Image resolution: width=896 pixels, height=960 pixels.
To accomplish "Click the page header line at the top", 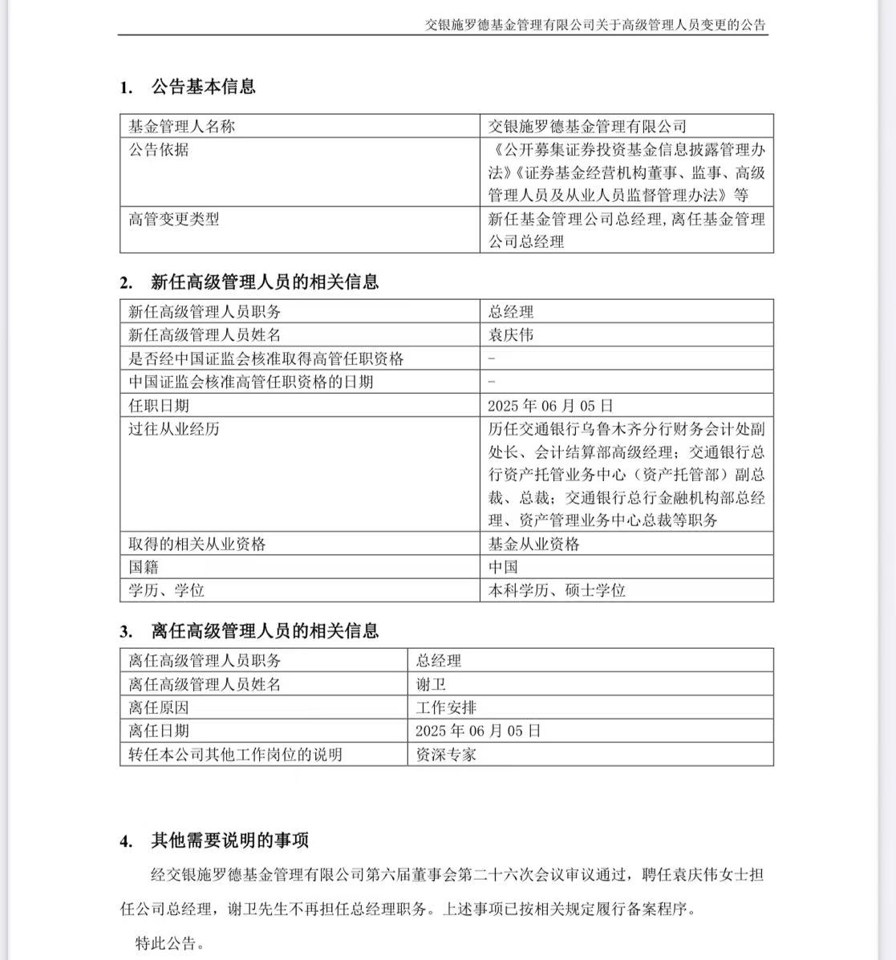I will [x=595, y=25].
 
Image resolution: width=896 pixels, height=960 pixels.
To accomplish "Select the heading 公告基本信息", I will [x=203, y=87].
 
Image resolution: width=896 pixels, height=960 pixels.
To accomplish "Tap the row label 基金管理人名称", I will [x=181, y=126].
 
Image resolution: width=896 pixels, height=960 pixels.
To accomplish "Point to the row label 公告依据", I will [x=159, y=149].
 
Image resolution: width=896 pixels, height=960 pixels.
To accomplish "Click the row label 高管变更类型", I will [x=173, y=219].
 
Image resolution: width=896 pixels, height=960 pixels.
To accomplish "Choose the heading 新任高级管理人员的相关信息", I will [x=265, y=282].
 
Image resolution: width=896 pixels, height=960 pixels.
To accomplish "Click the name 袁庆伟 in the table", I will [x=511, y=334].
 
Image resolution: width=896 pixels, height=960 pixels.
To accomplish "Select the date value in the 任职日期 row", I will [x=550, y=405].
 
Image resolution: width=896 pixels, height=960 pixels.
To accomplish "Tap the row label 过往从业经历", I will [x=173, y=428].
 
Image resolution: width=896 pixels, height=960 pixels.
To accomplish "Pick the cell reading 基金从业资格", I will [x=533, y=544].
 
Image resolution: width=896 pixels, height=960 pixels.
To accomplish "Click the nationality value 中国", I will [x=503, y=567].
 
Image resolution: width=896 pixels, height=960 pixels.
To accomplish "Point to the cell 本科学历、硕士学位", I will [x=557, y=590].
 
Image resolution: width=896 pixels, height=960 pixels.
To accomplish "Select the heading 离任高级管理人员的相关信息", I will [x=265, y=631].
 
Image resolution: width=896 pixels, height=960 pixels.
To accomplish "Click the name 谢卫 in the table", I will [x=431, y=684].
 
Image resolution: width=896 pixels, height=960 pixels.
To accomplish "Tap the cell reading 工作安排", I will [x=446, y=707].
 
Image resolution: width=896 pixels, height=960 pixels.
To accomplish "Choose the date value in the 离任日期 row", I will [x=478, y=731].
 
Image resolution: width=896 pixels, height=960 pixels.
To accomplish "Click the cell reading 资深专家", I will [x=446, y=754].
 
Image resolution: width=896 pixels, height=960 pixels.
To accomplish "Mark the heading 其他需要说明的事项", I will [x=229, y=841].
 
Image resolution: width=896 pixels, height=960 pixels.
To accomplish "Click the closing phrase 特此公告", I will [x=169, y=943].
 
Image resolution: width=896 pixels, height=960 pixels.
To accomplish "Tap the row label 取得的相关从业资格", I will [x=197, y=544].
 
